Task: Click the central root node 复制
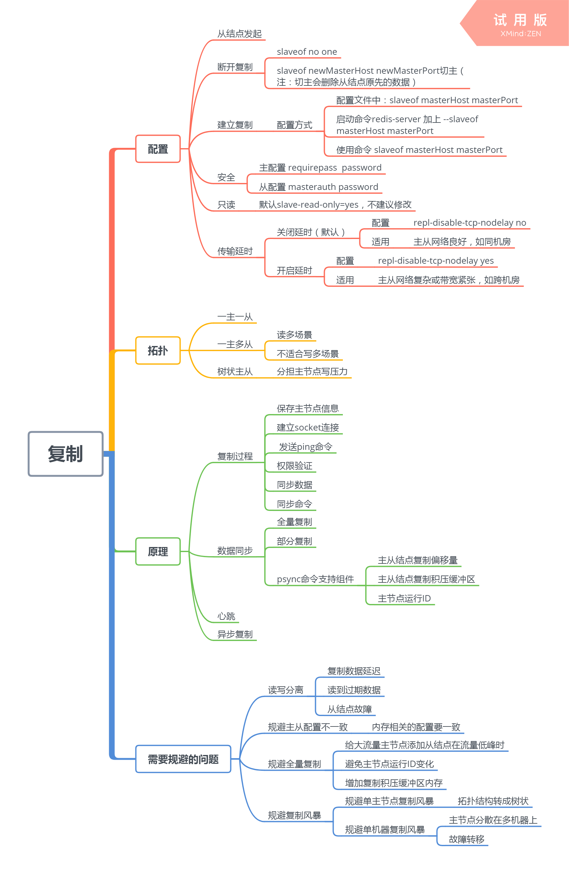coord(65,454)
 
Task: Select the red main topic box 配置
coord(158,149)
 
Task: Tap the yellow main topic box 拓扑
coord(158,350)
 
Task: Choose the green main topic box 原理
coord(158,551)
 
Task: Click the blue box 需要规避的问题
coord(183,759)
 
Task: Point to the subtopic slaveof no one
coord(307,52)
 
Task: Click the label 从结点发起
coord(239,34)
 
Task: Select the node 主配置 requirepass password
coord(320,168)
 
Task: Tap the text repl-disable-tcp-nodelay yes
coord(436,261)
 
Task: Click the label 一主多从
coord(235,344)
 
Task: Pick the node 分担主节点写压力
coord(312,371)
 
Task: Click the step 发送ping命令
coord(305,447)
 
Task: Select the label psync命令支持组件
coord(315,579)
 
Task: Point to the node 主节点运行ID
coord(404,598)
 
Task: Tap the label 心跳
coord(226,616)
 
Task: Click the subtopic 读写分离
coord(285,690)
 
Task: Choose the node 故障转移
coord(466,839)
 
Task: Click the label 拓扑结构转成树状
coord(493,801)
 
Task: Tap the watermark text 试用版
coord(520,20)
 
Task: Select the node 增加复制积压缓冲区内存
coord(394,783)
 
